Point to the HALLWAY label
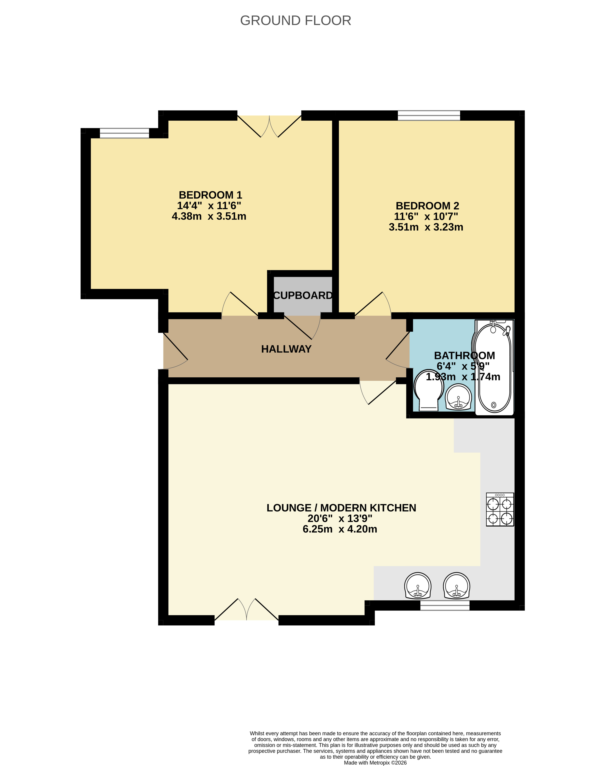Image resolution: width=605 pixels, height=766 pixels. tap(286, 349)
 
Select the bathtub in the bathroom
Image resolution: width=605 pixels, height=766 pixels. tap(494, 368)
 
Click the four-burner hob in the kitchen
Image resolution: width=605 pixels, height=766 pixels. tap(500, 509)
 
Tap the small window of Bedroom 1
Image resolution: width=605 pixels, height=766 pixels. tap(124, 133)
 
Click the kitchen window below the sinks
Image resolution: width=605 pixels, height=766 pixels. tap(445, 606)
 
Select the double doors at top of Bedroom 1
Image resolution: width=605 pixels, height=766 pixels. tap(269, 126)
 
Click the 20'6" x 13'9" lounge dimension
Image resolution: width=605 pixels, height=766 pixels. tap(340, 519)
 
